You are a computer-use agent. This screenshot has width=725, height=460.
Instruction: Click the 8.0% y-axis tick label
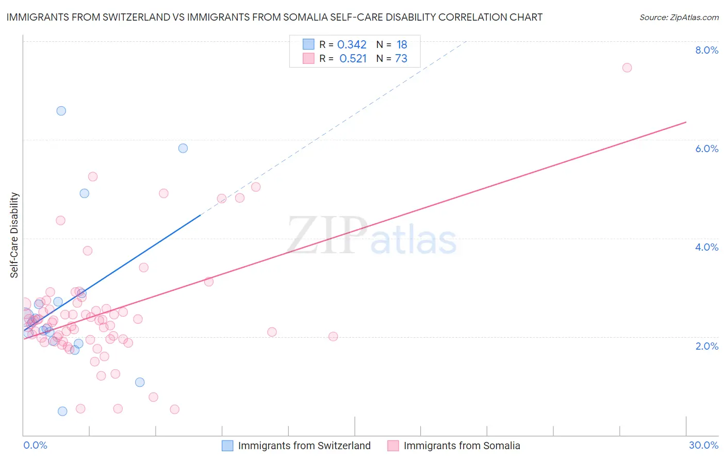706,50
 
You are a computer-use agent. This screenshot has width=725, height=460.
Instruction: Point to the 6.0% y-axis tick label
706,149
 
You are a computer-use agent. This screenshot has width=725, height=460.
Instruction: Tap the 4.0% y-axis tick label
706,247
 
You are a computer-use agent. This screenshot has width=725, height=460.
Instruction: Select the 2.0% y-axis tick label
706,346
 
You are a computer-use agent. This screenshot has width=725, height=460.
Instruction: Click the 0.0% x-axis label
35,445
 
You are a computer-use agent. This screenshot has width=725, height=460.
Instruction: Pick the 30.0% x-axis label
703,445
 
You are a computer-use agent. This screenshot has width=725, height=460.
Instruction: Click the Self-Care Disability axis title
14,235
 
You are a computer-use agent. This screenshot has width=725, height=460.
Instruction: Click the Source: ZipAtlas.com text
679,17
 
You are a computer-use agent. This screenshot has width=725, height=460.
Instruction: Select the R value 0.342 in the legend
352,45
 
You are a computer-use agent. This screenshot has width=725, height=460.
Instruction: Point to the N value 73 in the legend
401,59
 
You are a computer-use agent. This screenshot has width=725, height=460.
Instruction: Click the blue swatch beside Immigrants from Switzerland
227,446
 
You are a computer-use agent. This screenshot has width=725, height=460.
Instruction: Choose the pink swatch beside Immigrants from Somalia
393,446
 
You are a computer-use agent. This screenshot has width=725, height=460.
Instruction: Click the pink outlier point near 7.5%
627,68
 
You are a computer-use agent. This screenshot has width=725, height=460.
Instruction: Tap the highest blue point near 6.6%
61,111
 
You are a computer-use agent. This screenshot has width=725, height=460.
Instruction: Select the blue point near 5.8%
183,148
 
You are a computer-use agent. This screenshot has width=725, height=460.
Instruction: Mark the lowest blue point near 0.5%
62,411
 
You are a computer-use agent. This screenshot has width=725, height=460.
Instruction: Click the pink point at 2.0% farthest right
333,336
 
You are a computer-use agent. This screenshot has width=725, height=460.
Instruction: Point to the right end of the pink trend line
686,122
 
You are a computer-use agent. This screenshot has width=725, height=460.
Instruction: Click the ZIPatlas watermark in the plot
372,236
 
